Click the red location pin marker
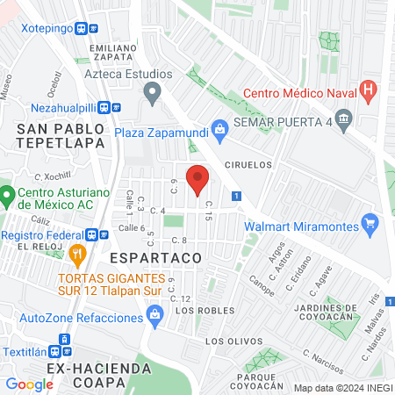197,179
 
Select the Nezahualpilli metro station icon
104,107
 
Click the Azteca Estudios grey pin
154,90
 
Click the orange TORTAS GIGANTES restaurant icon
76,255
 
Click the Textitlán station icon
63,340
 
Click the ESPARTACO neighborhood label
156,259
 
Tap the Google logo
29,384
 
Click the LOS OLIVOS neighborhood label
233,341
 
